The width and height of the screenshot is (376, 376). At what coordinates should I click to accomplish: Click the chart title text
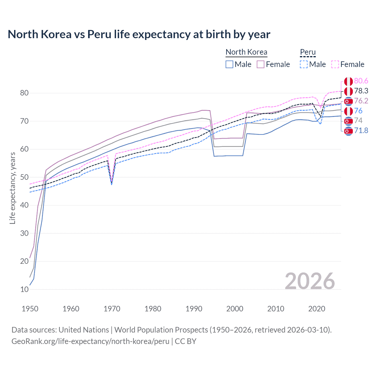tap(139, 34)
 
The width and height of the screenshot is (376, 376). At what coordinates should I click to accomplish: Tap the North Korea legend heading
tap(246, 52)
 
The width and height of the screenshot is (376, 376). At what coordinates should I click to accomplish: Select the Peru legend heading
tap(308, 52)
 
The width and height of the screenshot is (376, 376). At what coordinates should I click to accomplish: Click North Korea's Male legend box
tap(229, 64)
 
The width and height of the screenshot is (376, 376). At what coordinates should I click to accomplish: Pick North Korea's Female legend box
tap(261, 64)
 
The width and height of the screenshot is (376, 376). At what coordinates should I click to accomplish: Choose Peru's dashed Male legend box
tap(304, 64)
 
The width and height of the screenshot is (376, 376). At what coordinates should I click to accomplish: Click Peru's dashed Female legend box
tap(335, 64)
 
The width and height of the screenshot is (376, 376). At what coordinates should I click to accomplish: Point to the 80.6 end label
tap(361, 81)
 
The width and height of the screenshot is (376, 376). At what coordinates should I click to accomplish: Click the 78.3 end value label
tap(361, 91)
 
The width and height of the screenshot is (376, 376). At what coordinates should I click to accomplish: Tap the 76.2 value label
tap(361, 101)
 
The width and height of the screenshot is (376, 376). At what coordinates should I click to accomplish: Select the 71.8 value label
tap(361, 130)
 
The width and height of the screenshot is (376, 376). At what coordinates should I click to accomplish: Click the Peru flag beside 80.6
tap(348, 81)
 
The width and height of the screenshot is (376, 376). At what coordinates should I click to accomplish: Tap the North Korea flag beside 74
tap(348, 121)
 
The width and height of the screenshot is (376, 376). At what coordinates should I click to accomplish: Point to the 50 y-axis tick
tap(24, 177)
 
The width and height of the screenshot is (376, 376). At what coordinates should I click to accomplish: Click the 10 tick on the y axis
tap(24, 289)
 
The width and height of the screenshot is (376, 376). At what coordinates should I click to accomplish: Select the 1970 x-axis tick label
tap(112, 309)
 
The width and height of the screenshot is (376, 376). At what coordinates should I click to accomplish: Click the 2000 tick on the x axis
tap(235, 309)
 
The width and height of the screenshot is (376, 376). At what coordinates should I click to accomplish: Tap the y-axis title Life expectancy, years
tap(13, 188)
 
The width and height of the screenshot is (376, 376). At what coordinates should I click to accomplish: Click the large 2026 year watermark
tap(310, 281)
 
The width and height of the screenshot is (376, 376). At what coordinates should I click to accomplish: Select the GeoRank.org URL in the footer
tap(90, 341)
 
